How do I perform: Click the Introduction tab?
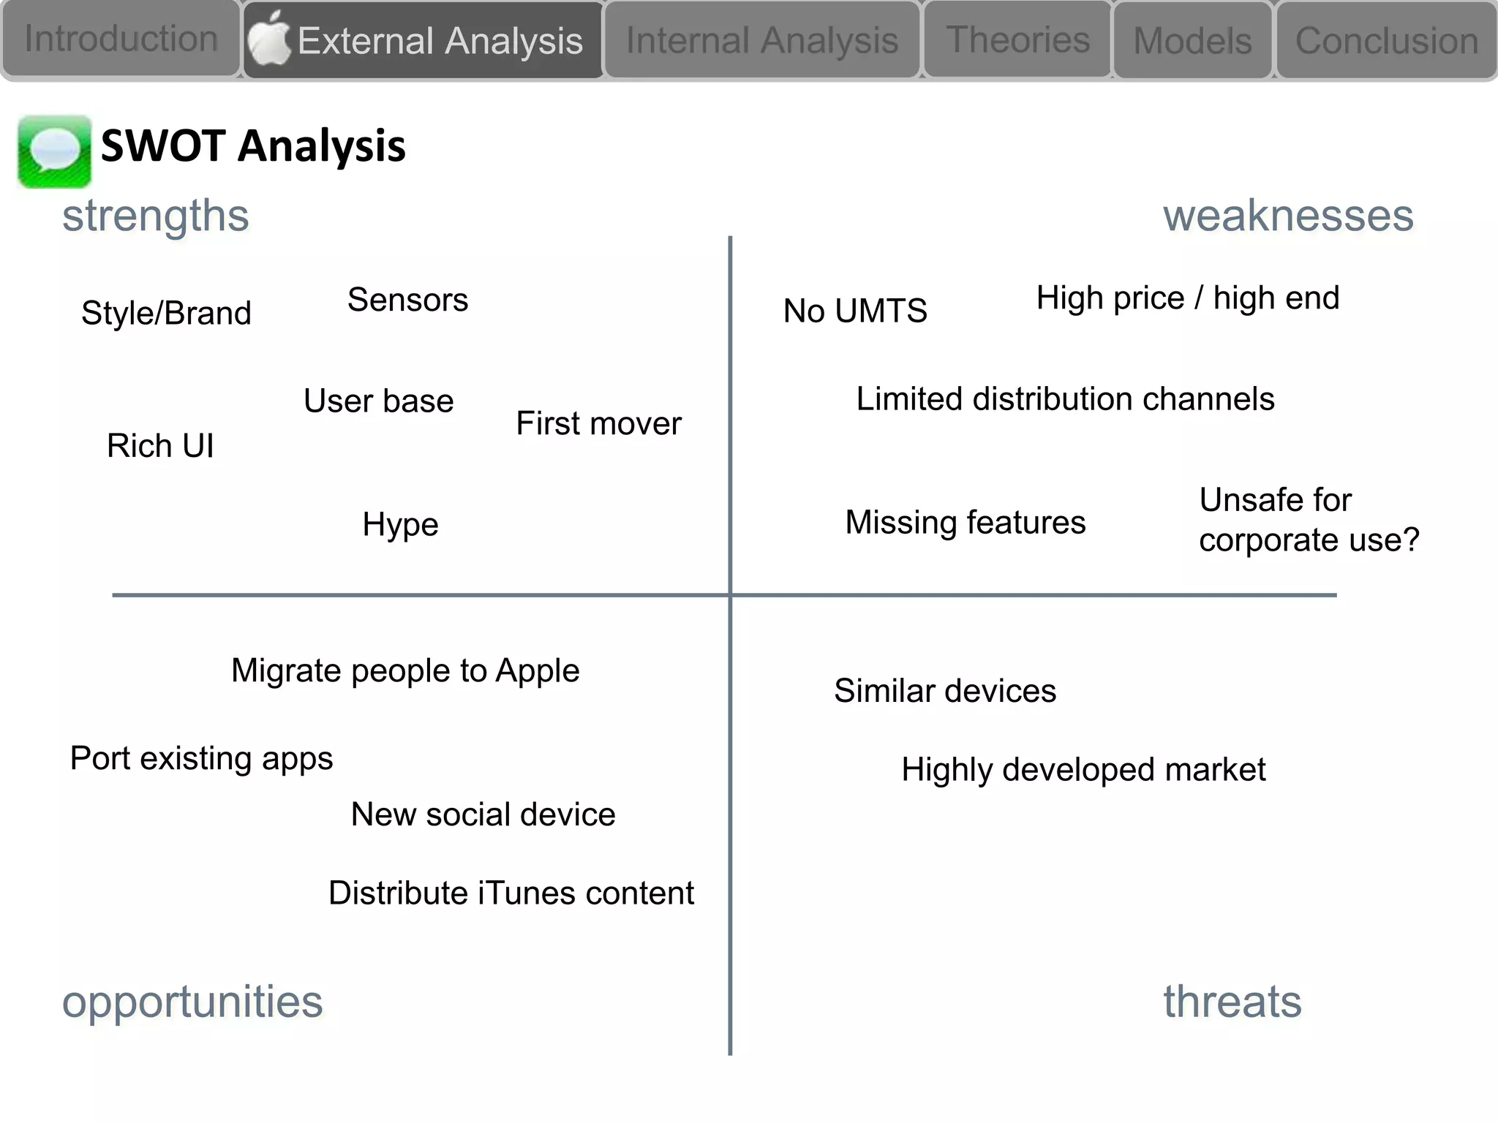pos(121,39)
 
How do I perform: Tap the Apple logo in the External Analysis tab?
pos(268,39)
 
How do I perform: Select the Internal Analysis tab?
pos(761,40)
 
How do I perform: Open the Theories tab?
pos(1017,39)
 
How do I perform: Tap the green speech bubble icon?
pos(54,151)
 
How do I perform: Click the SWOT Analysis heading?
pos(252,145)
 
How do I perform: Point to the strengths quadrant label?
pos(155,216)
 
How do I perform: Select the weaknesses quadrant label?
pos(1287,216)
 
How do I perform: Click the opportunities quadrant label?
pos(192,1002)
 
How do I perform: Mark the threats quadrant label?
pos(1232,1002)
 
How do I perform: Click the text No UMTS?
pos(854,311)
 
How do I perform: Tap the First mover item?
pos(598,423)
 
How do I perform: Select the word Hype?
pos(400,525)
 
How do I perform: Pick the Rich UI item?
pos(160,446)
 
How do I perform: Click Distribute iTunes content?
pos(511,893)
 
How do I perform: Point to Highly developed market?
pos(1083,770)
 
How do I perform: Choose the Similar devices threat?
pos(944,691)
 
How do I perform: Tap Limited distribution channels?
pos(1065,399)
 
